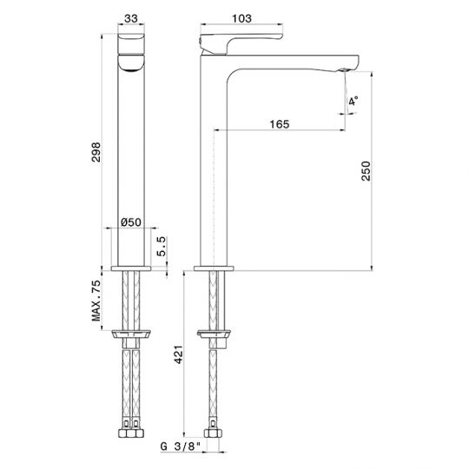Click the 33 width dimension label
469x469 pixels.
click(x=131, y=18)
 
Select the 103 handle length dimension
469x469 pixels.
click(x=241, y=18)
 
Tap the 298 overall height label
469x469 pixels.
click(x=96, y=152)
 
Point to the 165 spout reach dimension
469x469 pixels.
click(x=280, y=124)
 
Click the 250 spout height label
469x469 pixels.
click(x=366, y=171)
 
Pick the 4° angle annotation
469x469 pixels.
click(x=353, y=101)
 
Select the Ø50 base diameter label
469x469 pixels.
click(x=131, y=222)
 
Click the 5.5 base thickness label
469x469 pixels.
click(x=161, y=246)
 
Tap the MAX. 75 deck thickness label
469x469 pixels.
click(x=96, y=301)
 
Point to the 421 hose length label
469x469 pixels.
click(x=179, y=354)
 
